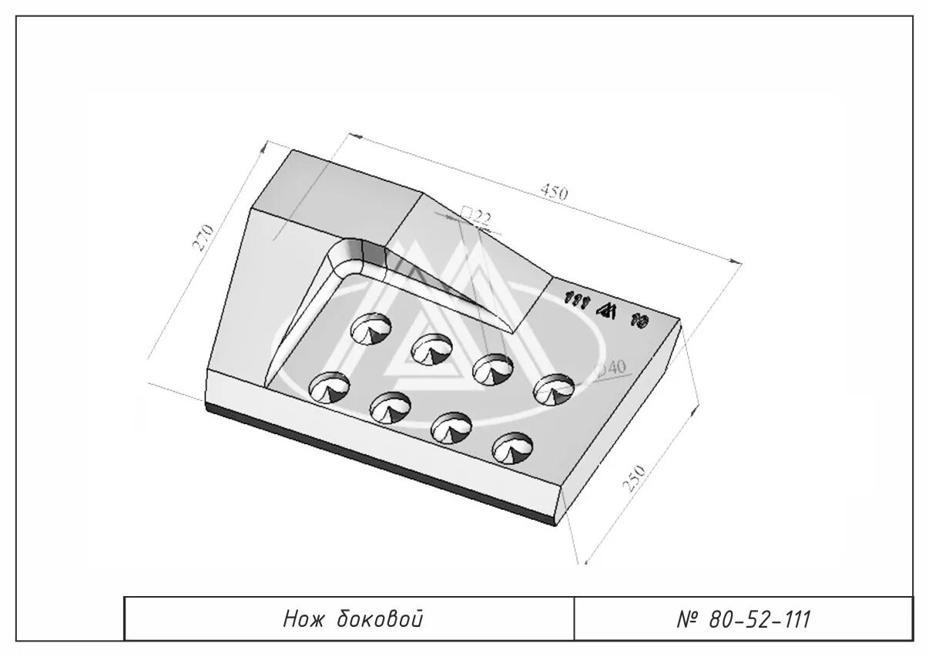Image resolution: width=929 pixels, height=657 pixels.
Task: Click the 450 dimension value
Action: (x=554, y=193)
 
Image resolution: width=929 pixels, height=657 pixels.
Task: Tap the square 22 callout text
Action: (x=475, y=216)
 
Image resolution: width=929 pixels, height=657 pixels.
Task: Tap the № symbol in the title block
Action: (x=688, y=619)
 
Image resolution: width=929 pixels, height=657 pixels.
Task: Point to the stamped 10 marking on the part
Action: (x=638, y=320)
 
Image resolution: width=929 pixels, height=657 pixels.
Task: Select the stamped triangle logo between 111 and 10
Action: (x=605, y=310)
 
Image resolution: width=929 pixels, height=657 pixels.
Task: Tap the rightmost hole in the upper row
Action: (x=555, y=390)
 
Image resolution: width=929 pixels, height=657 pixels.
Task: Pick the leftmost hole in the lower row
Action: (x=330, y=387)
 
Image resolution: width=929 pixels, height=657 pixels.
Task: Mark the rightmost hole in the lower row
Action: (x=512, y=447)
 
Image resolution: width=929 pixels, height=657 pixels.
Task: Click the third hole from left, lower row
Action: (x=451, y=427)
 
